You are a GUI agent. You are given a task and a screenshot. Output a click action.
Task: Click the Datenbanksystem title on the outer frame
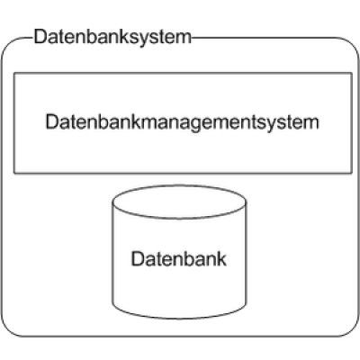112,37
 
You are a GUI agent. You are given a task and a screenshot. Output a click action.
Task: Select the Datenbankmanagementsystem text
182,122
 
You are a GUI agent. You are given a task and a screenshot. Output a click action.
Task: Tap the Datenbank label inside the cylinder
179,258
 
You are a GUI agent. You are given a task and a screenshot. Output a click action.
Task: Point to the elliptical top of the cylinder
179,202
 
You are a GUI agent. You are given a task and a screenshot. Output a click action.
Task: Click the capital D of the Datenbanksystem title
40,37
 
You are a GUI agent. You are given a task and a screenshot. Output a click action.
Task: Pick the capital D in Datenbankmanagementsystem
51,121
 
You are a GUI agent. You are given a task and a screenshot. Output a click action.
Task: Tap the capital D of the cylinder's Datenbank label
137,259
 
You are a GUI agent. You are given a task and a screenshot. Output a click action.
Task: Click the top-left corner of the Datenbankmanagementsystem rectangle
14,73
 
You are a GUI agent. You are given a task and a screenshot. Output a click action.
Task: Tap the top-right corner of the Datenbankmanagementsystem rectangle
352,73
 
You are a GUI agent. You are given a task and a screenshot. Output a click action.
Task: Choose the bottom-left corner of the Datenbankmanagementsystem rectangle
14,173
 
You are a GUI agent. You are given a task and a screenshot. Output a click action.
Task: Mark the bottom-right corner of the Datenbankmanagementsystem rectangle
352,173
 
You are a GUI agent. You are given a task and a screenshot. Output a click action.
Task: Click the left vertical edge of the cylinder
112,252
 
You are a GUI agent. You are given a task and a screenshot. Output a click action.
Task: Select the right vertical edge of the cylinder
246,252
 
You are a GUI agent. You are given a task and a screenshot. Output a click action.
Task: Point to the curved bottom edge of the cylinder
179,318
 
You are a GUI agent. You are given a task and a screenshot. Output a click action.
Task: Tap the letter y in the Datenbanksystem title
146,40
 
